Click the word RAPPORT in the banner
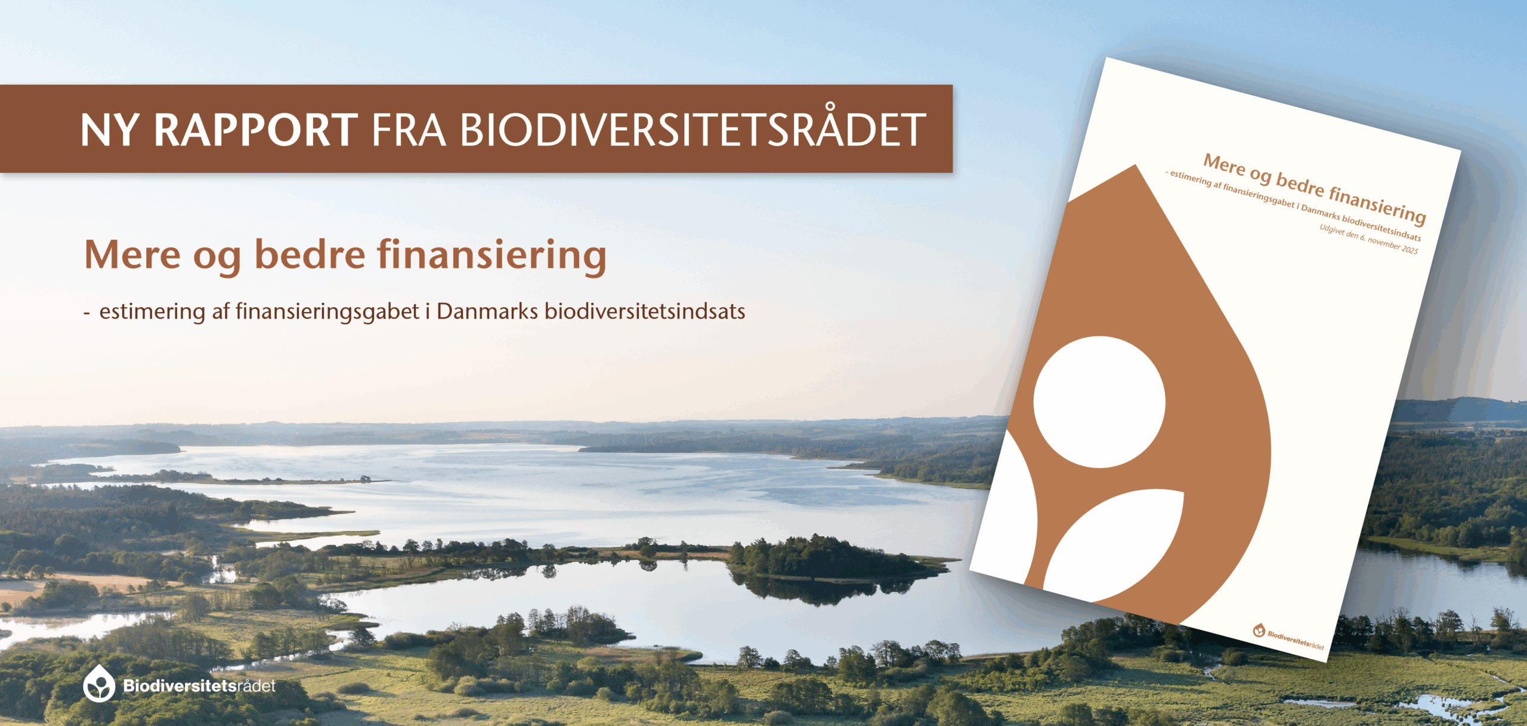(x=256, y=129)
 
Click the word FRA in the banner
(x=409, y=129)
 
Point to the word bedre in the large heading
(x=310, y=255)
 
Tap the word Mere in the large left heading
(x=132, y=255)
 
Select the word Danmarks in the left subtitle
(x=487, y=311)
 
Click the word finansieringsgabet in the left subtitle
(x=327, y=312)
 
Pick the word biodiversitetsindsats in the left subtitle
(x=645, y=311)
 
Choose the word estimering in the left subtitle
(x=152, y=312)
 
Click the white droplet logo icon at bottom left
(x=99, y=684)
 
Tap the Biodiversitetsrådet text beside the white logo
(x=199, y=685)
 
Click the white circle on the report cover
(x=1099, y=402)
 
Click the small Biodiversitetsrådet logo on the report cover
(x=1288, y=637)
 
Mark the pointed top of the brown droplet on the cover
(x=1135, y=165)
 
